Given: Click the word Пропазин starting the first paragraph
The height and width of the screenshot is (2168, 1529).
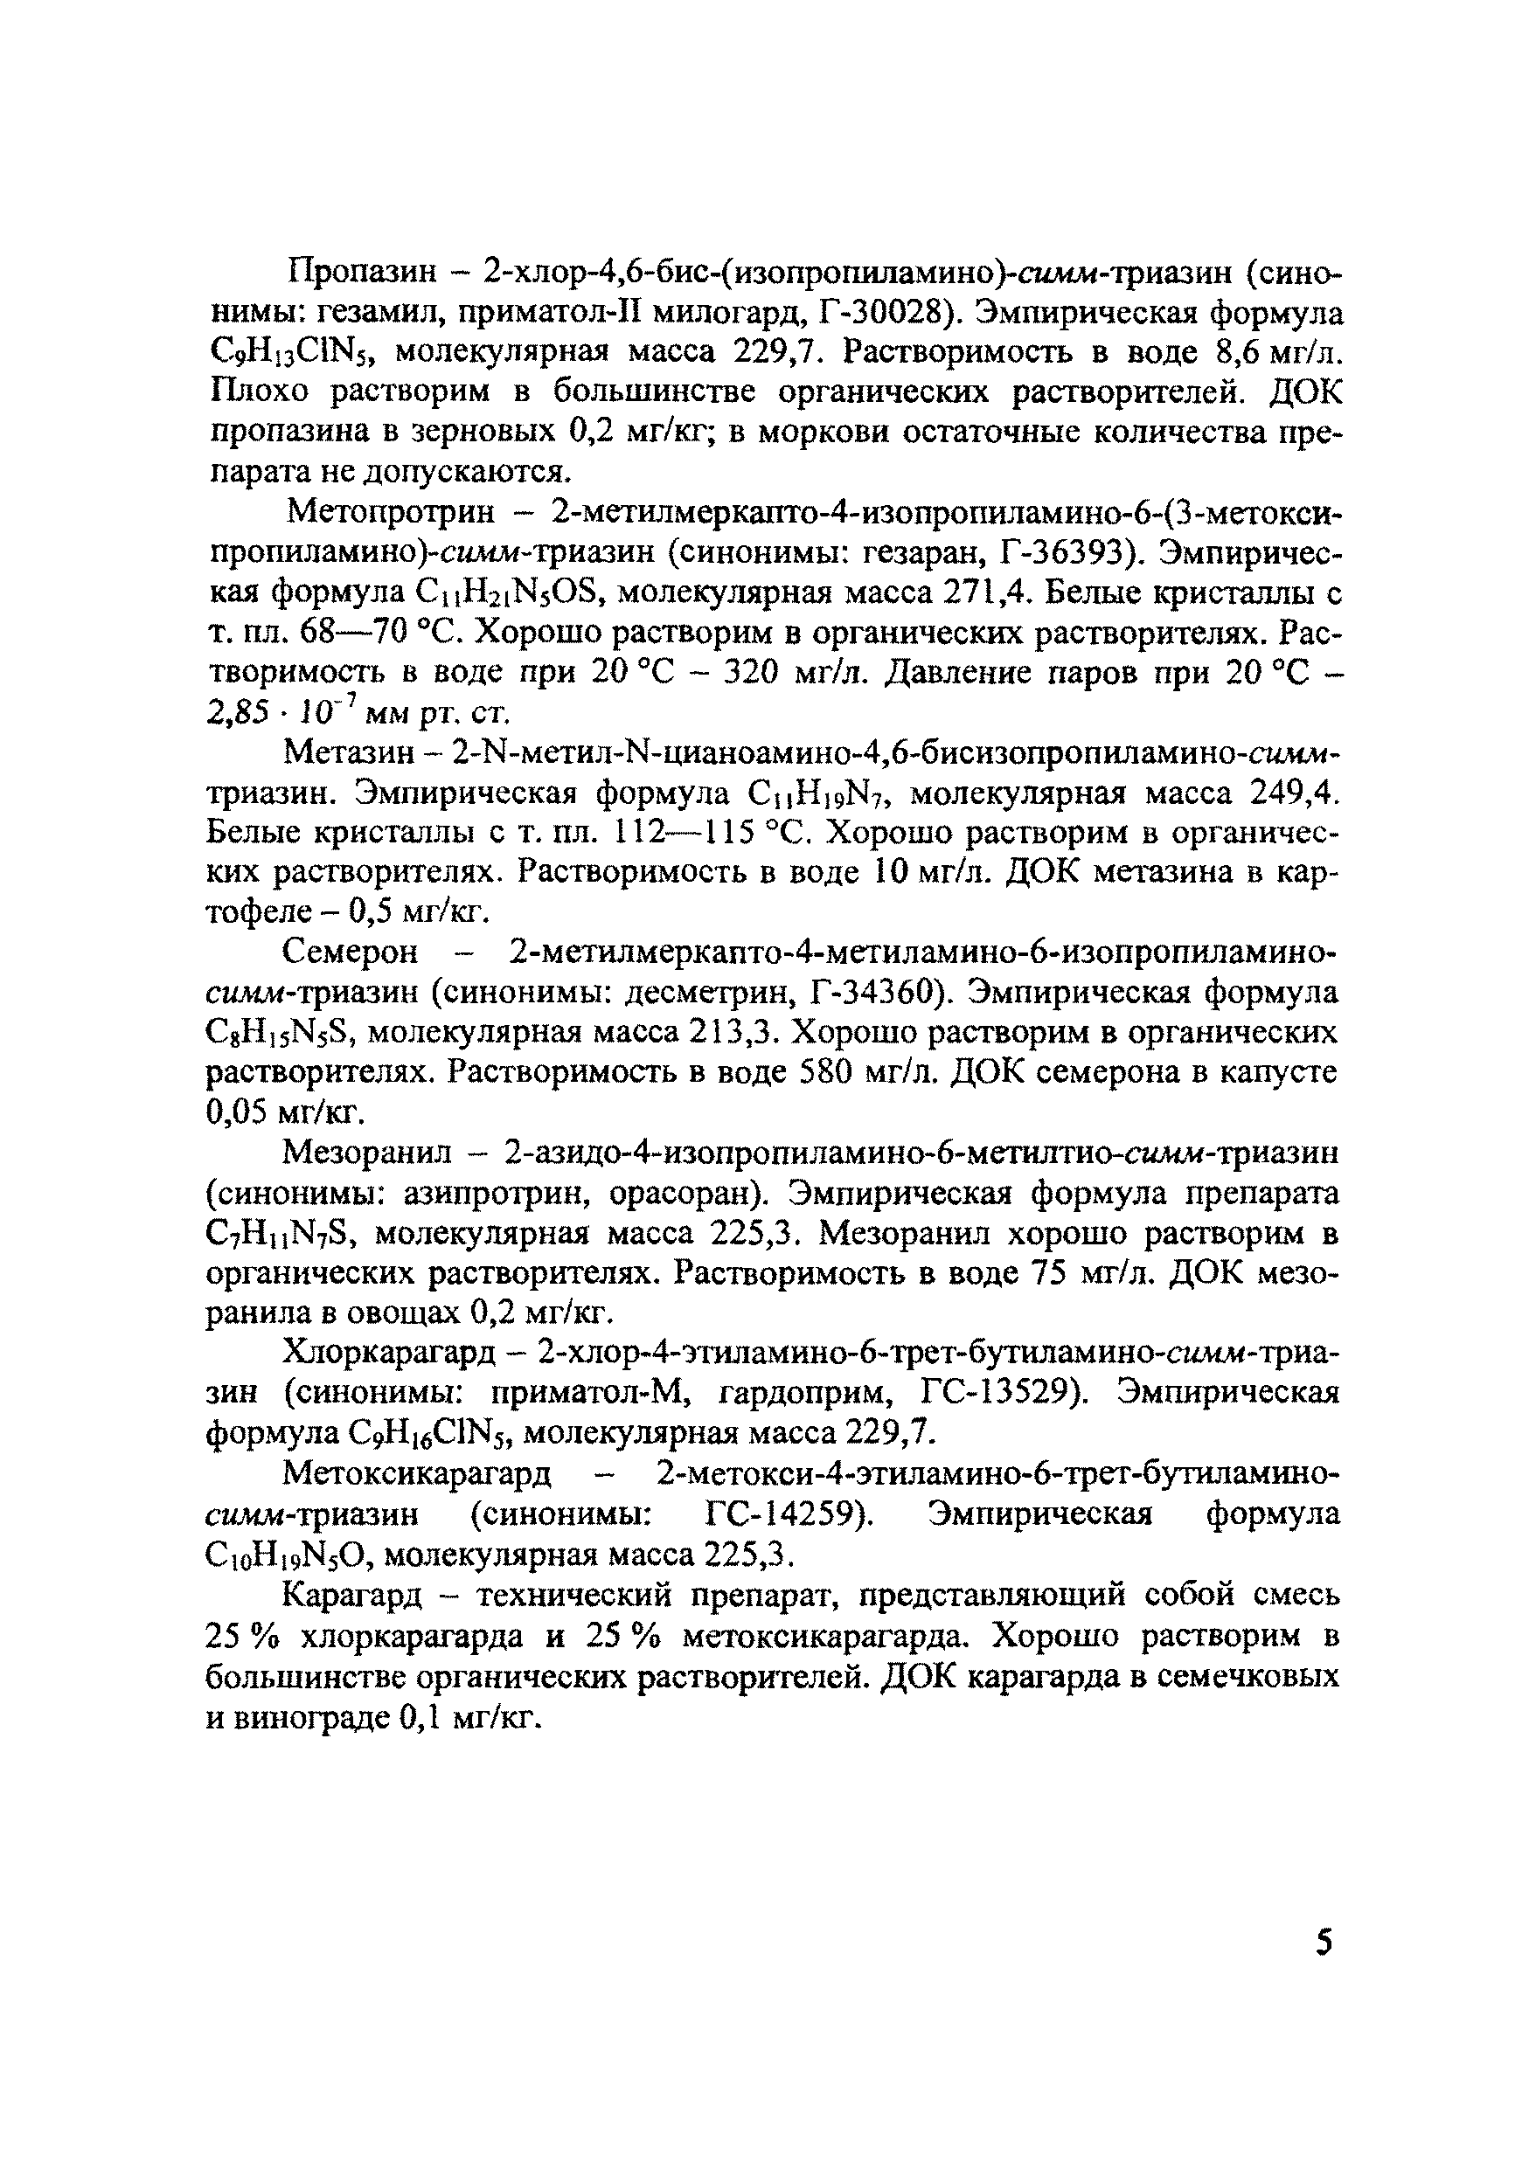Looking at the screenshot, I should click(362, 273).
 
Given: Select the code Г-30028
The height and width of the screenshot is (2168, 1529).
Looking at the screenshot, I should click(885, 313).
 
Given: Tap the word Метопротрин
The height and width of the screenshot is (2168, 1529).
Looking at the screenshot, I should click(390, 513).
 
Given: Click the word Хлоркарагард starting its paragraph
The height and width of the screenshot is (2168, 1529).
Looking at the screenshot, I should click(389, 1353).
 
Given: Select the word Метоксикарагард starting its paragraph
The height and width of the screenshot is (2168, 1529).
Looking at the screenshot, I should click(416, 1473).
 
